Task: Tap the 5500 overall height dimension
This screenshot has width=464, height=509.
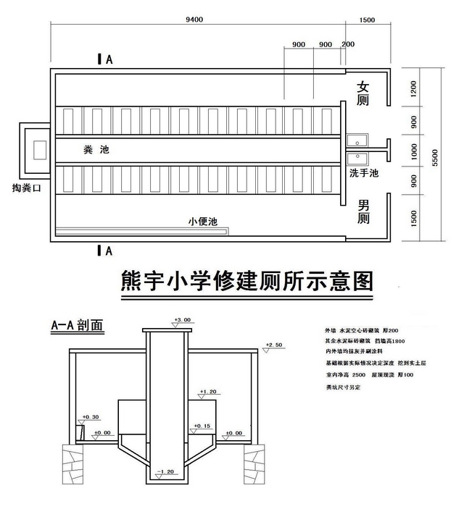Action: tap(436, 156)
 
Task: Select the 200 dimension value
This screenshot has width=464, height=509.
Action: tap(348, 44)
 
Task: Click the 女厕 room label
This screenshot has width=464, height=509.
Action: tap(363, 94)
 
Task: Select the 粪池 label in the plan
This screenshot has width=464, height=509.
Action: tap(92, 149)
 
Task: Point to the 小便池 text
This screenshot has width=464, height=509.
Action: tap(202, 222)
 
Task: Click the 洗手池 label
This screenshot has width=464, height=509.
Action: tap(364, 174)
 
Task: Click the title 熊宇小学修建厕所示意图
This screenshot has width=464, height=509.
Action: tap(246, 281)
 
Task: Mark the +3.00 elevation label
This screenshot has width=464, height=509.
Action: tap(182, 319)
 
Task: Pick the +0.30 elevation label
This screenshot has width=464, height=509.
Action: tap(91, 417)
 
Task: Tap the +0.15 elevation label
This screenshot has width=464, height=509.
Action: tap(202, 426)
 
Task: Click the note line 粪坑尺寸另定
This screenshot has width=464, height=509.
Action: tap(344, 388)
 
